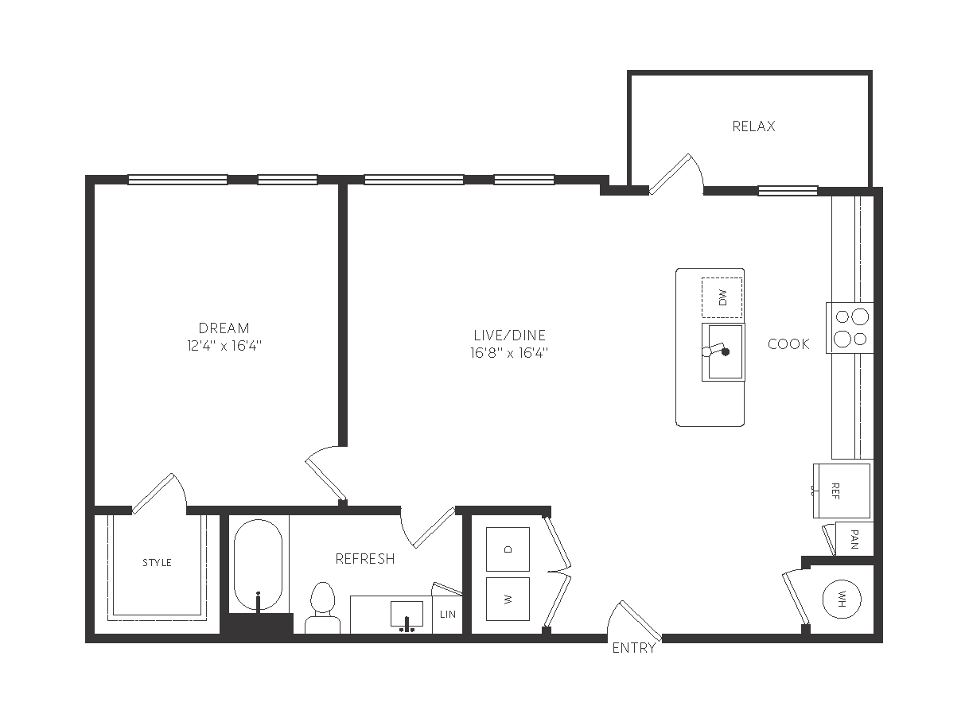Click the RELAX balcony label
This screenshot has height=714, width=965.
tap(753, 126)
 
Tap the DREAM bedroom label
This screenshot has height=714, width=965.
tap(224, 328)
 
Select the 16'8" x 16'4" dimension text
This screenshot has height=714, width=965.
tap(509, 353)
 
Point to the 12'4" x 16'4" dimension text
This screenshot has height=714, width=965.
tap(224, 346)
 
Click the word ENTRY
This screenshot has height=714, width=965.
tap(633, 648)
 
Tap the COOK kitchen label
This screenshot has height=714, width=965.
tap(788, 344)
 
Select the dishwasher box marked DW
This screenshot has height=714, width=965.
tap(722, 298)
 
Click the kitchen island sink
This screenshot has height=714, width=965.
tap(723, 352)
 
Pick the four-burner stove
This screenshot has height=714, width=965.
tap(850, 328)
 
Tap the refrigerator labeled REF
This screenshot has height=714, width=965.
tap(842, 491)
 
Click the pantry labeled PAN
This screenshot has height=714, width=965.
tap(854, 539)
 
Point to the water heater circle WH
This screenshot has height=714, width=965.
tap(842, 600)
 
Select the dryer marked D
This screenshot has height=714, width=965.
tap(508, 549)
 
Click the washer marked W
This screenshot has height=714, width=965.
tap(508, 600)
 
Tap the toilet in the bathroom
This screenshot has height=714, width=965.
tap(322, 608)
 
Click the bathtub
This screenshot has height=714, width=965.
tap(258, 565)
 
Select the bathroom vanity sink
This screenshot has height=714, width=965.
tap(407, 614)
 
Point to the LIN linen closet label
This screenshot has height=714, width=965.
tap(448, 615)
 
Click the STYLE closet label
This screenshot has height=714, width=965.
tap(157, 563)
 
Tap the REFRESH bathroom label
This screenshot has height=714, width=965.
tap(365, 559)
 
